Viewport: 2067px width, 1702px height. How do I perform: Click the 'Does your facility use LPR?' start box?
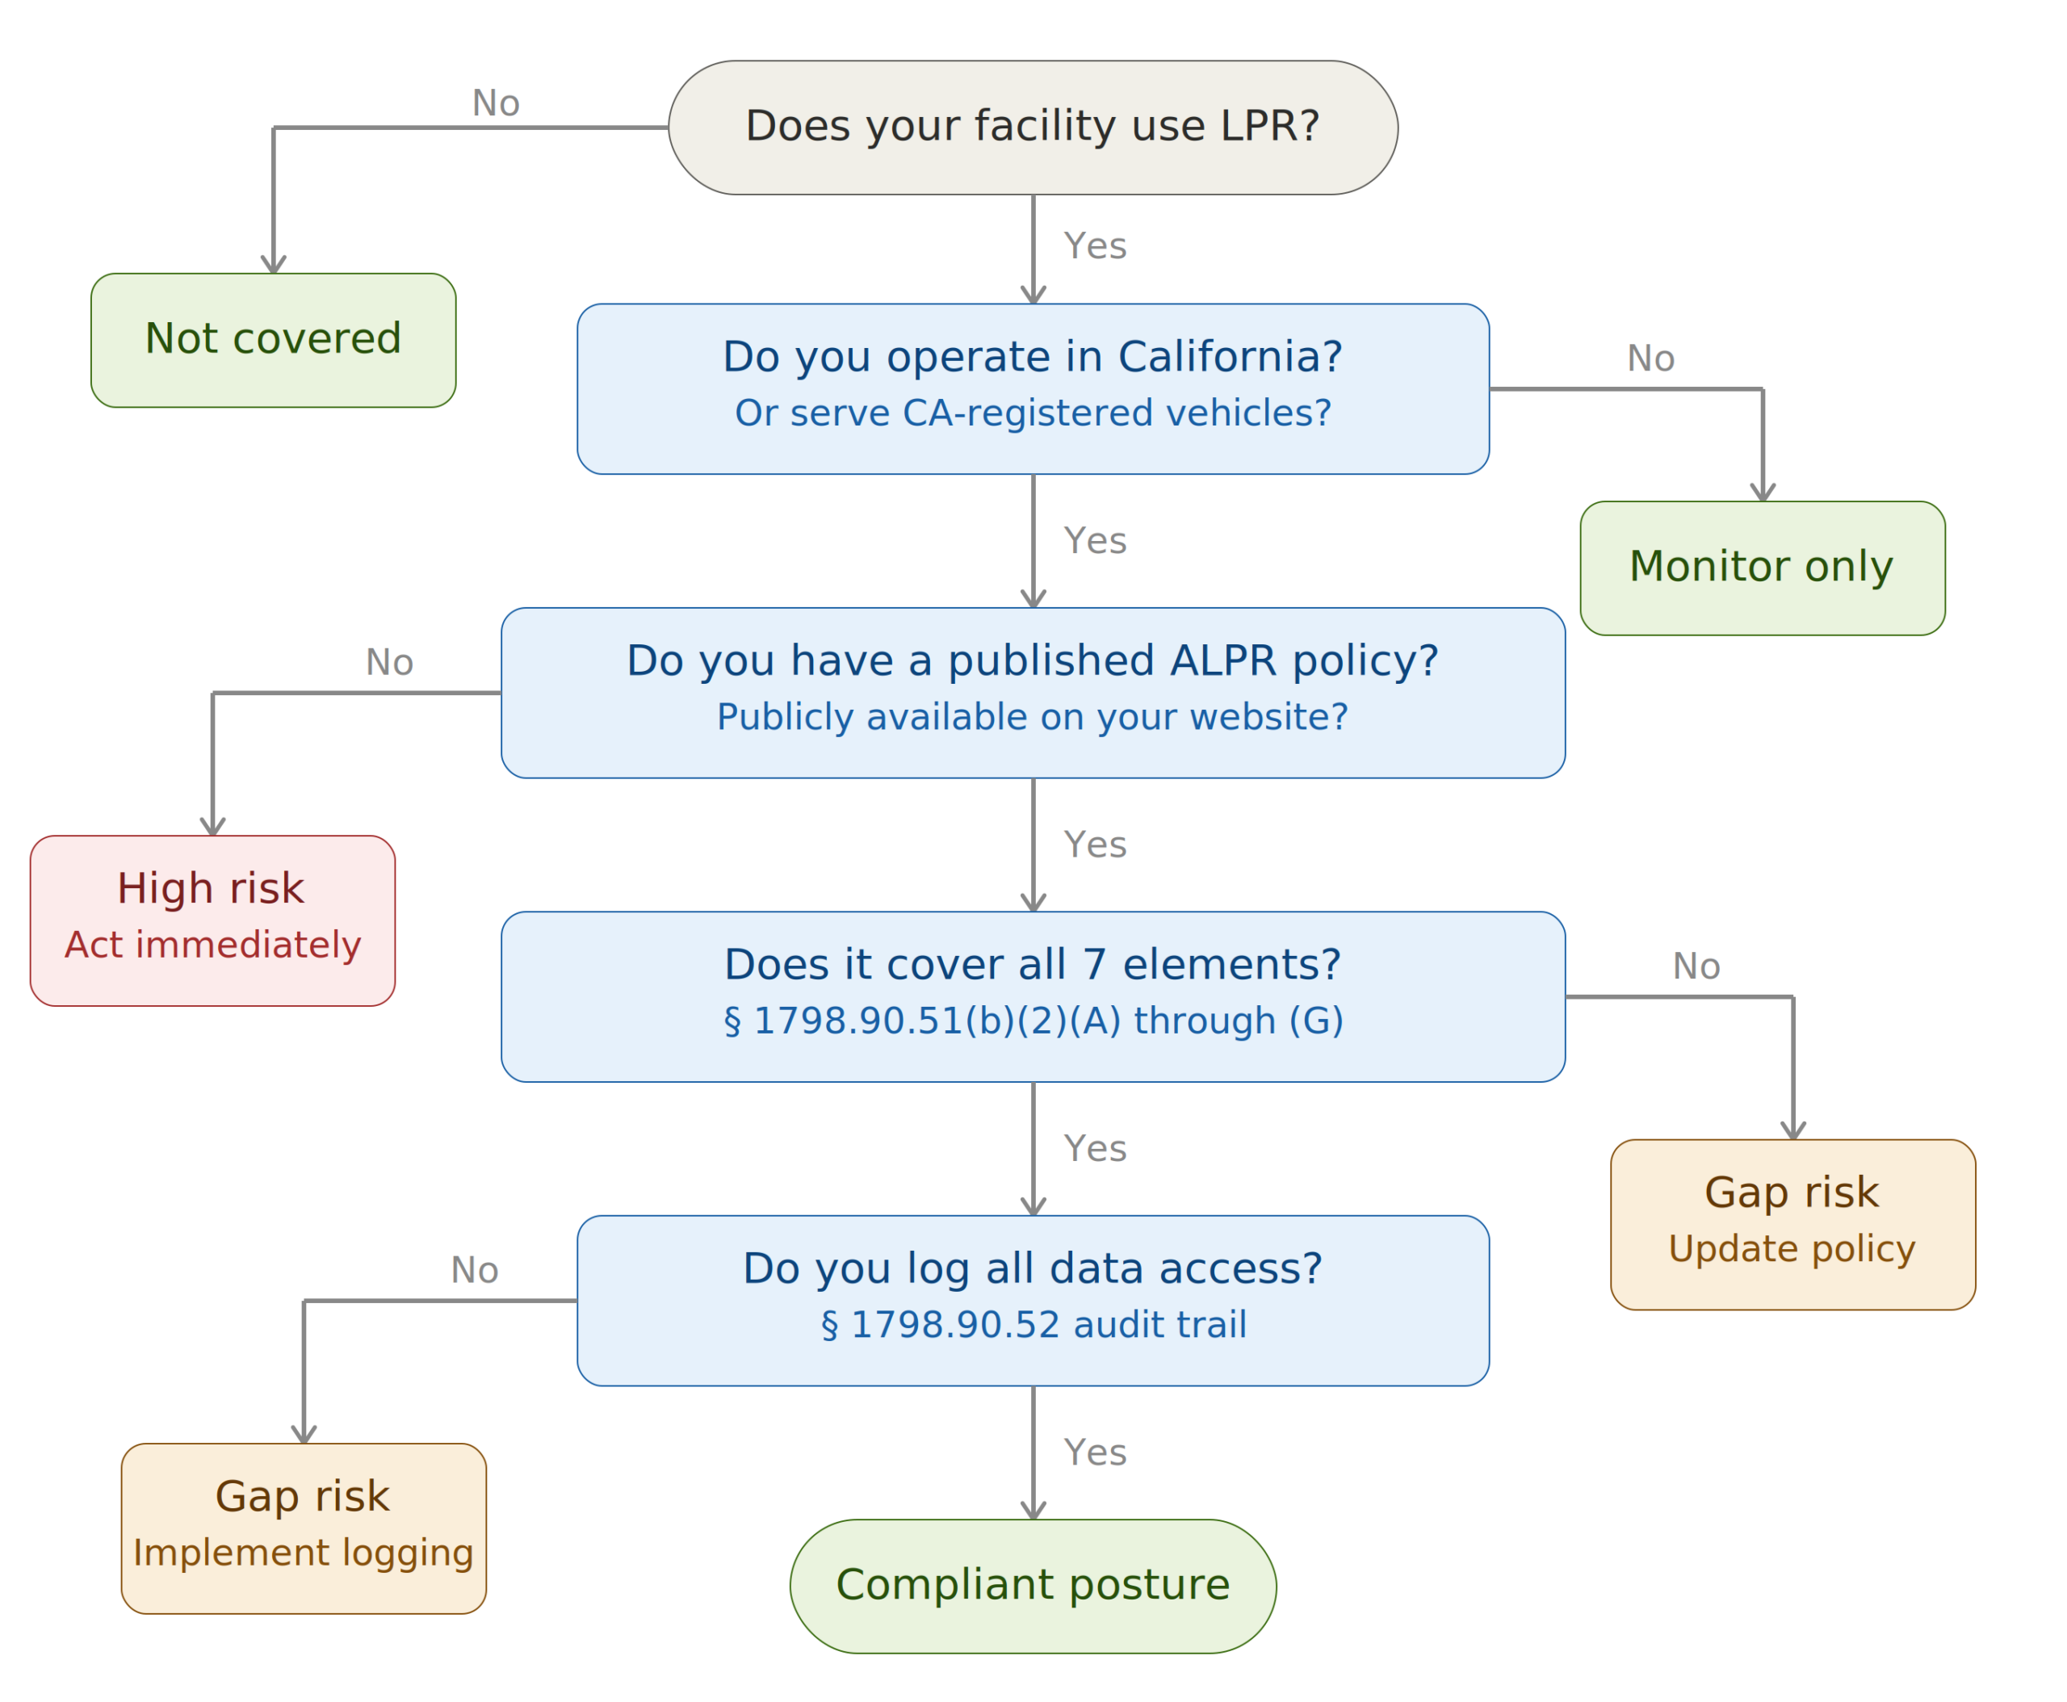coord(1033,128)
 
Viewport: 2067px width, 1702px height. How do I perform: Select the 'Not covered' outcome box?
coord(273,339)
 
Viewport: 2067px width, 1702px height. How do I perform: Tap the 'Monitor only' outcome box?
coord(1762,568)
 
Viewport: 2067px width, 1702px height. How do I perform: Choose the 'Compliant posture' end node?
coord(1033,1586)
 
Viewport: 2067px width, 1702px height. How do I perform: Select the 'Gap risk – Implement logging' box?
coord(303,1528)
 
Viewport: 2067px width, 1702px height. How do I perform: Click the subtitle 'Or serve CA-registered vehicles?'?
coord(1033,413)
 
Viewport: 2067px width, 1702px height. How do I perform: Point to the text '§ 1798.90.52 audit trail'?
coord(1033,1324)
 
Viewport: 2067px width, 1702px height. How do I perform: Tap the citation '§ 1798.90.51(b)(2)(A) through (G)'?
coord(1033,1021)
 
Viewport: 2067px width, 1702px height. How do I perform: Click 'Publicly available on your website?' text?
coord(1033,717)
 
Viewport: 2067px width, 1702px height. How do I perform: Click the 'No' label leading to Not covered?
coord(495,103)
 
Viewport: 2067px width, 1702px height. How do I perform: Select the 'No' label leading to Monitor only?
coord(1650,358)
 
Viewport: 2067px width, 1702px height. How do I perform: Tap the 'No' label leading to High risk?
coord(389,663)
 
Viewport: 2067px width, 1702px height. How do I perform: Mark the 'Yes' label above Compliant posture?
coord(1094,1452)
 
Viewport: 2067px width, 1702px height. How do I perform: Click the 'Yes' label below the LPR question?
coord(1094,246)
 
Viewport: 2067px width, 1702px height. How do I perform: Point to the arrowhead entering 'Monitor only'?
coord(1762,493)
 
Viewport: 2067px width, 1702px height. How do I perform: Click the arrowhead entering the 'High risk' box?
coord(213,827)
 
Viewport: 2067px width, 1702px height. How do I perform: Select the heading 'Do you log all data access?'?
coord(1033,1268)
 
